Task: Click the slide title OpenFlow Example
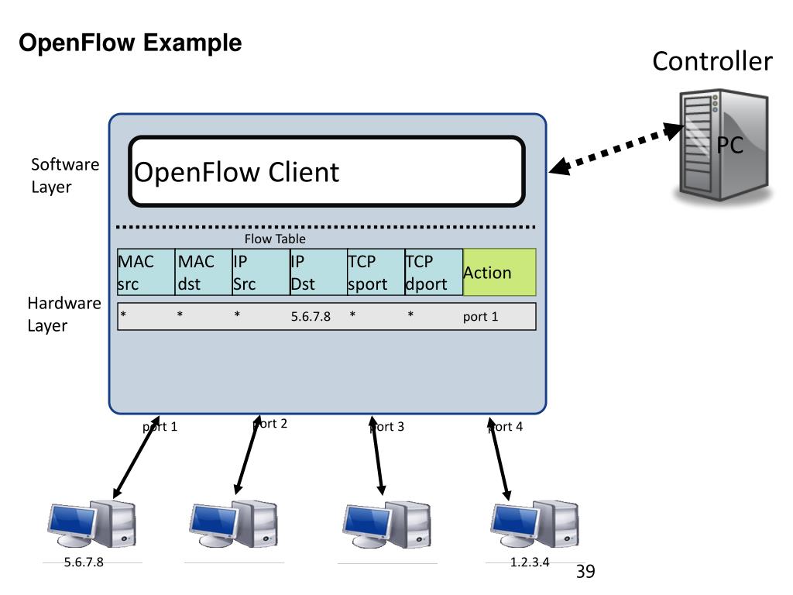point(130,43)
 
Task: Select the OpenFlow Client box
point(327,171)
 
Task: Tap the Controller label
point(712,61)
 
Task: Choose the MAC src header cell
point(146,272)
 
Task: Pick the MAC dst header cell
point(204,272)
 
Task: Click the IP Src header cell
point(261,272)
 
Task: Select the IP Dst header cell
point(318,272)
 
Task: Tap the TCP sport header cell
point(376,272)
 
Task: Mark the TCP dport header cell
point(434,272)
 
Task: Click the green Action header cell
point(499,272)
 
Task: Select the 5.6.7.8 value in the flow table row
point(311,317)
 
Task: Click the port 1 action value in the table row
point(480,317)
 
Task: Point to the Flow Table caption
point(275,239)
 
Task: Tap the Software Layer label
point(65,175)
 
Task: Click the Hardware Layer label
point(64,314)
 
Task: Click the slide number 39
point(585,572)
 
